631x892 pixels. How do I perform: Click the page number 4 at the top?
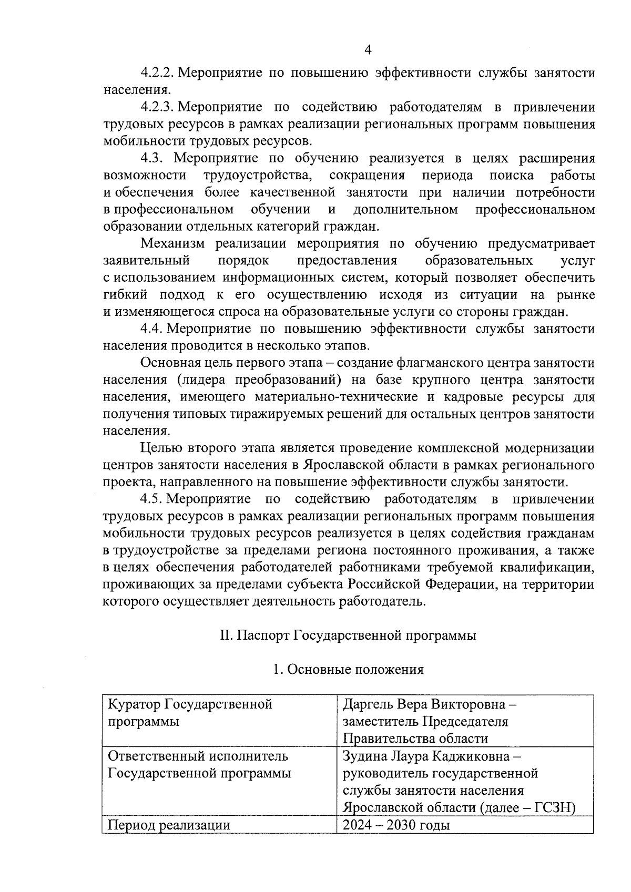(x=368, y=50)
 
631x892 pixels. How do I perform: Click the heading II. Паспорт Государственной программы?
(x=348, y=635)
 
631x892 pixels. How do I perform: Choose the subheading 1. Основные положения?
(x=348, y=670)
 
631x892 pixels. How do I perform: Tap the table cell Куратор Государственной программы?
(x=190, y=712)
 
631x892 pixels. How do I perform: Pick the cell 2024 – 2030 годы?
(x=396, y=825)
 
